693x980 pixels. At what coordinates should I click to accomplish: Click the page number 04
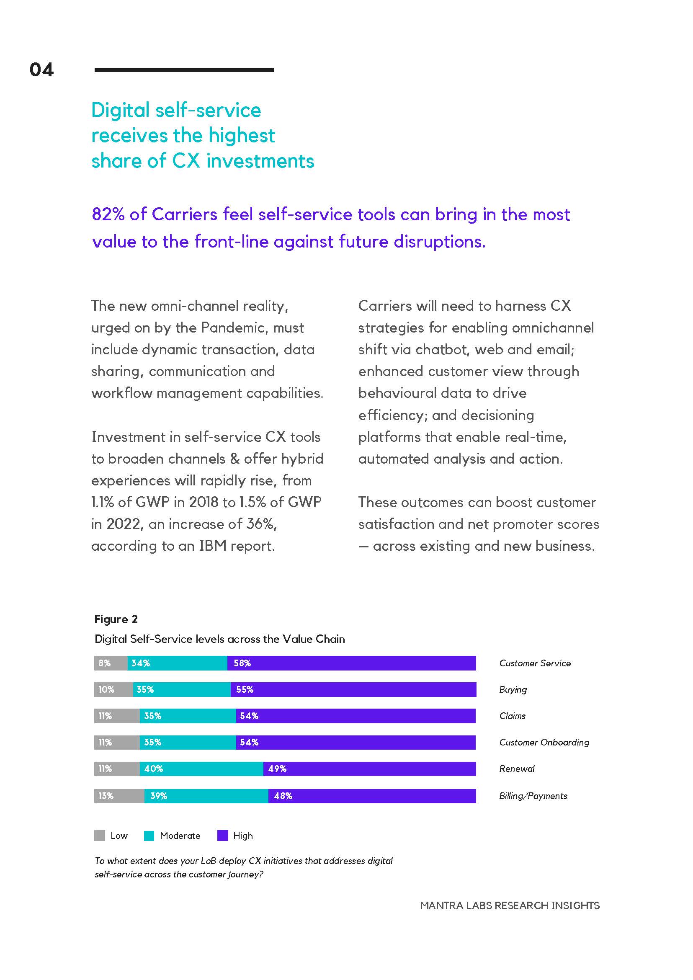pos(41,70)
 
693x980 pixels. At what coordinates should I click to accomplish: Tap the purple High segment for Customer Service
pos(351,663)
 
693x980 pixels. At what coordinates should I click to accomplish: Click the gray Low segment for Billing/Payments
pos(119,796)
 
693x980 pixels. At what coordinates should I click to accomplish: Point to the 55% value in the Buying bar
pos(245,689)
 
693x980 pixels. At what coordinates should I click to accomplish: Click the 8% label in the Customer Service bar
pos(104,663)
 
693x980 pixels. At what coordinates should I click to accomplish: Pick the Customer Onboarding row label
pos(544,742)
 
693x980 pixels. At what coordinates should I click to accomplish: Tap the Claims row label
pos(512,716)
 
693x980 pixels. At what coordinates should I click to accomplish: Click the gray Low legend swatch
pos(99,836)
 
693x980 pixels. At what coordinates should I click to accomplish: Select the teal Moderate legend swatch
pos(149,836)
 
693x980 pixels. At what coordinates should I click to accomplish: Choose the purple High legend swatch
pos(223,836)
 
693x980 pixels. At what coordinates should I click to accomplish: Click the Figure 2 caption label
pos(116,619)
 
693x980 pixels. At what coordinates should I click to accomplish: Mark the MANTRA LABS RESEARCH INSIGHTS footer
pos(510,905)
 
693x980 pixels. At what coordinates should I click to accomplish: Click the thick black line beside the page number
pos(184,70)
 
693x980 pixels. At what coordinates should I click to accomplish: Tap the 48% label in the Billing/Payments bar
pos(283,796)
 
